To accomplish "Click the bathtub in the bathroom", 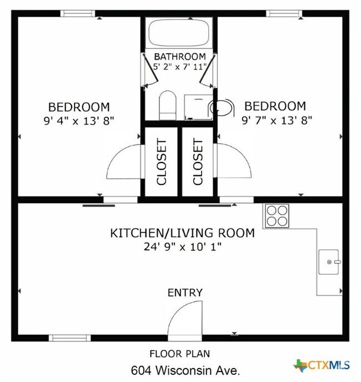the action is pos(179,33).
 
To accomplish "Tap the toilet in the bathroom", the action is pos(168,105).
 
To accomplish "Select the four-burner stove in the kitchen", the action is pos(277,216).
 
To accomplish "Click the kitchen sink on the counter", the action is pos(329,262).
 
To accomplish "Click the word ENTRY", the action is pos(185,293).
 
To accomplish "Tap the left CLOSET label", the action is pos(162,162).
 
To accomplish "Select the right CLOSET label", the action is pos(198,162).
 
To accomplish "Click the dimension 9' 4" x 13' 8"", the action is pos(79,120).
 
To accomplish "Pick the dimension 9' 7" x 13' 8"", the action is pos(277,120).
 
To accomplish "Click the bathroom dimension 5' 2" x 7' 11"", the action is pos(179,67).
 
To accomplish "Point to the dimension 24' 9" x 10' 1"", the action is pos(183,247).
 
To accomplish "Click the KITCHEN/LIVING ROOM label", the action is pos(183,233).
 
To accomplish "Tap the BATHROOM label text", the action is pos(180,57).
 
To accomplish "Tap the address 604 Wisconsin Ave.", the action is pos(185,370).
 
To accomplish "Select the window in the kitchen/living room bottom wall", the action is pos(70,338).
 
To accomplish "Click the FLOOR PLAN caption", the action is pos(179,354).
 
